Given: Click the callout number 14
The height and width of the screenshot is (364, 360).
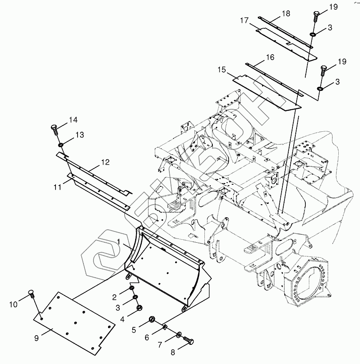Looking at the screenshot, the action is click(x=73, y=120).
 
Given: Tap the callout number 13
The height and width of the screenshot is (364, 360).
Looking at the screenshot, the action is click(x=79, y=135).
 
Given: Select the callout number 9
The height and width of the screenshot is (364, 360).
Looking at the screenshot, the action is click(x=36, y=338).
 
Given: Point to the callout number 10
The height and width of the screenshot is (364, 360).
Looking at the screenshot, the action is click(x=13, y=305).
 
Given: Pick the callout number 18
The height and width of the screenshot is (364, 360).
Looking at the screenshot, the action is click(x=285, y=13).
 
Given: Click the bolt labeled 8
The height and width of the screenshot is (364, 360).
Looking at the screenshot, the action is click(x=189, y=342).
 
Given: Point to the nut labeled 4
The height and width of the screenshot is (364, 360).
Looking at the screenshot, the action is click(x=139, y=309).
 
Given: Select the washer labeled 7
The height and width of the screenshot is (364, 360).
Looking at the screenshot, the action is click(x=179, y=334).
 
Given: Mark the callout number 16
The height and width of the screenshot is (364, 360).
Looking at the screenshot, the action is click(x=270, y=57).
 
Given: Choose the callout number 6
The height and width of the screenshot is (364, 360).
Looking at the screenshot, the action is click(x=147, y=338).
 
